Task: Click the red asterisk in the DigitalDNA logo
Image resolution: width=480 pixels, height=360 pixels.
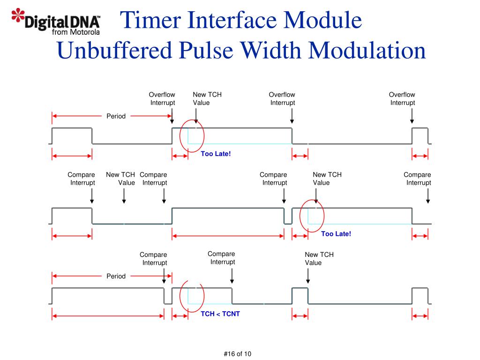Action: (x=18, y=15)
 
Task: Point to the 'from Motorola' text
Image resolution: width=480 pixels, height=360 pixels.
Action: (x=75, y=32)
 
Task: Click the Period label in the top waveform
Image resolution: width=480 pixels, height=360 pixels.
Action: (x=116, y=116)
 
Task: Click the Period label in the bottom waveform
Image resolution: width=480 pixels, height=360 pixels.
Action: (x=116, y=276)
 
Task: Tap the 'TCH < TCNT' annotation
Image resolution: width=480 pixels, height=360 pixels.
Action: (x=220, y=314)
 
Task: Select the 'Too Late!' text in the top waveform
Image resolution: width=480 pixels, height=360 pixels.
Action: (x=216, y=154)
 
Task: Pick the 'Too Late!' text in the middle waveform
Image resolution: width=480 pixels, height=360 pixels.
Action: (x=336, y=234)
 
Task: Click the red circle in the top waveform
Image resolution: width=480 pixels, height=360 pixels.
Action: (x=192, y=135)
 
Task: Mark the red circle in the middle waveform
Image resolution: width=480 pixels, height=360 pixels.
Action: (x=312, y=216)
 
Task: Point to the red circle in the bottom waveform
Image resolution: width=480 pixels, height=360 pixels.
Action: (x=192, y=296)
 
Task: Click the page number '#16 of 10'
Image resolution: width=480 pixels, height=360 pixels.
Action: (x=238, y=354)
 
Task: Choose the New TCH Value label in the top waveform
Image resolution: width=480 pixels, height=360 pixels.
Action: (x=207, y=98)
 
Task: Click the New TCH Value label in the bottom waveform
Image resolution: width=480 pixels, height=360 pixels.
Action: (x=319, y=259)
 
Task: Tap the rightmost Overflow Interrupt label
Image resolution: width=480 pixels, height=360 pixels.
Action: (x=402, y=98)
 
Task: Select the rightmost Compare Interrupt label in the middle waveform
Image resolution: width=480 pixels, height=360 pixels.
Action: (x=417, y=179)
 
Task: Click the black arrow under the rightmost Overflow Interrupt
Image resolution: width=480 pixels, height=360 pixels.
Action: (x=412, y=116)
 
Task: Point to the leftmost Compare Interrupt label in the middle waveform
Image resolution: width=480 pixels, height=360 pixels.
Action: (x=82, y=179)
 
